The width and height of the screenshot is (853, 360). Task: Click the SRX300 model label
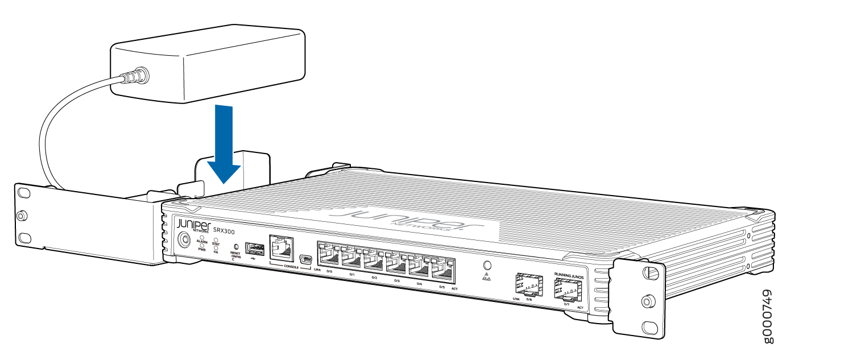coord(223,230)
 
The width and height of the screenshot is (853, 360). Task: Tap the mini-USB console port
coord(305,260)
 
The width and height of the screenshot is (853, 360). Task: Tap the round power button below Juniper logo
coord(185,239)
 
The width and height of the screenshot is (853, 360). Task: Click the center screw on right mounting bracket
coord(647,301)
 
